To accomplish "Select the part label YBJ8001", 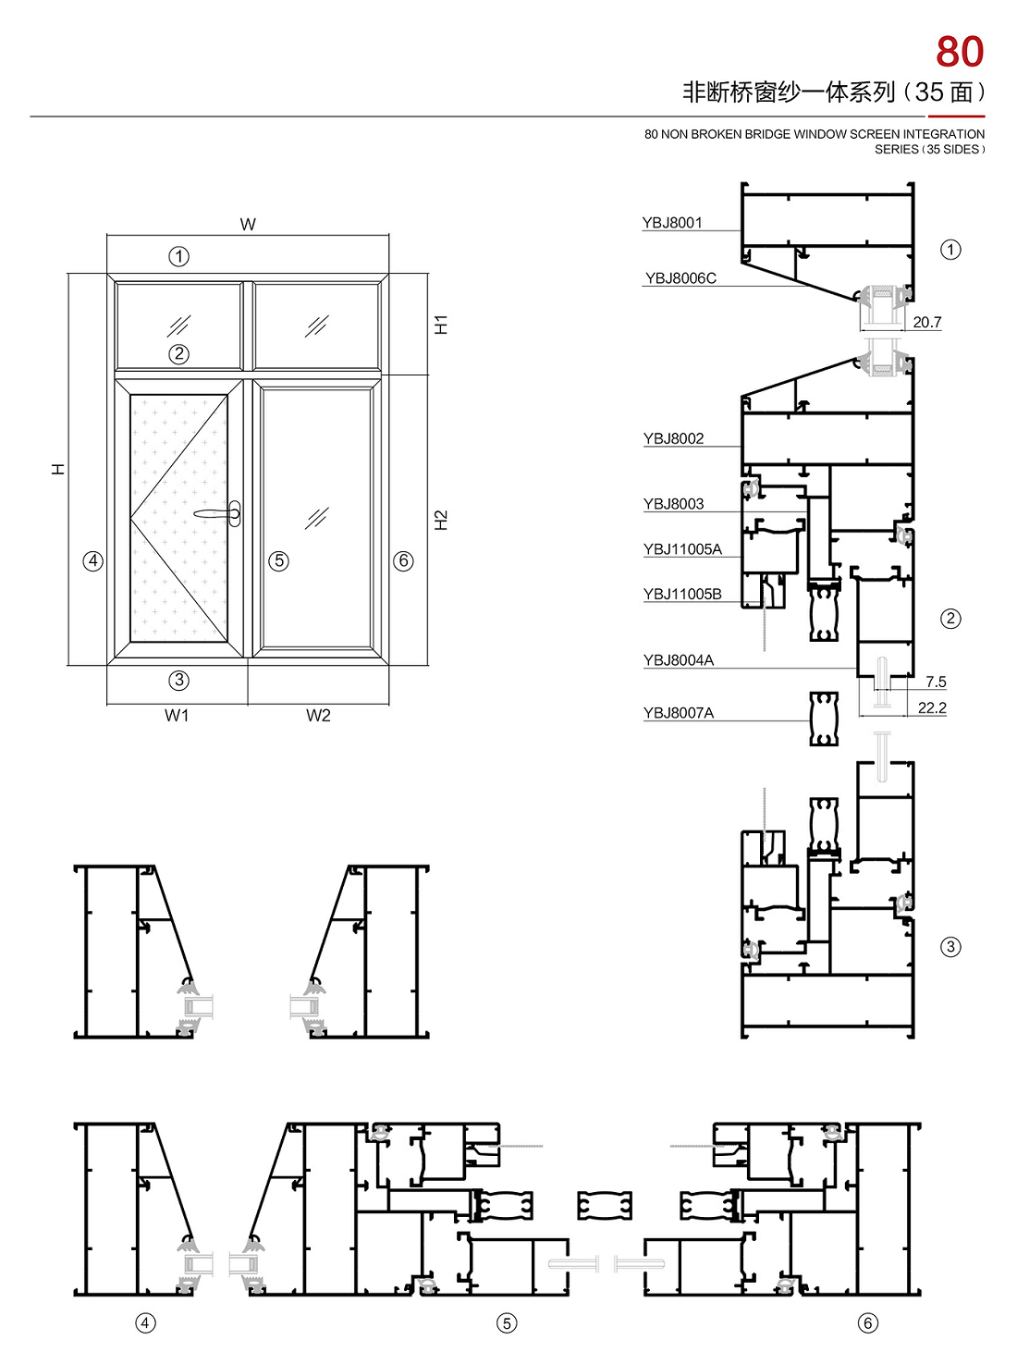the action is coord(671,222).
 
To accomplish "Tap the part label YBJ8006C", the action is coord(680,278).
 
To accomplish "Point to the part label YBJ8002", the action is coord(673,438).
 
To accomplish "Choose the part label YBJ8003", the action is coord(673,504).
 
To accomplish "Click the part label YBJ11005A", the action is coord(682,548).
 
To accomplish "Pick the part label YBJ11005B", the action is coord(682,595).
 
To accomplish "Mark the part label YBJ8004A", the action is coord(679,660).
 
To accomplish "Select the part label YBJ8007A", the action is coord(679,713).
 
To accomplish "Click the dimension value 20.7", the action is coord(927,322).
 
